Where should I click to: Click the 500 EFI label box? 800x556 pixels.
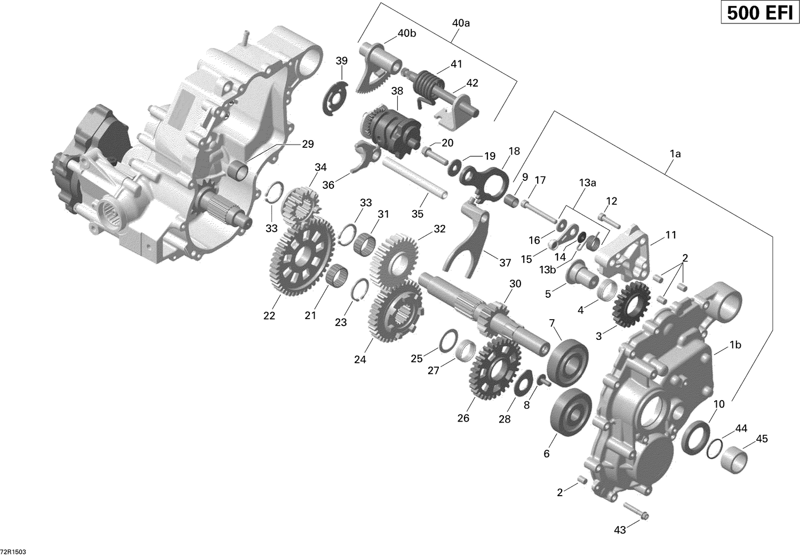[x=759, y=12]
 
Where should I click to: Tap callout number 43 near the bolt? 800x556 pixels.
[x=620, y=529]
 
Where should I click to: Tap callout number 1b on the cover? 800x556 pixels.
[x=735, y=345]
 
